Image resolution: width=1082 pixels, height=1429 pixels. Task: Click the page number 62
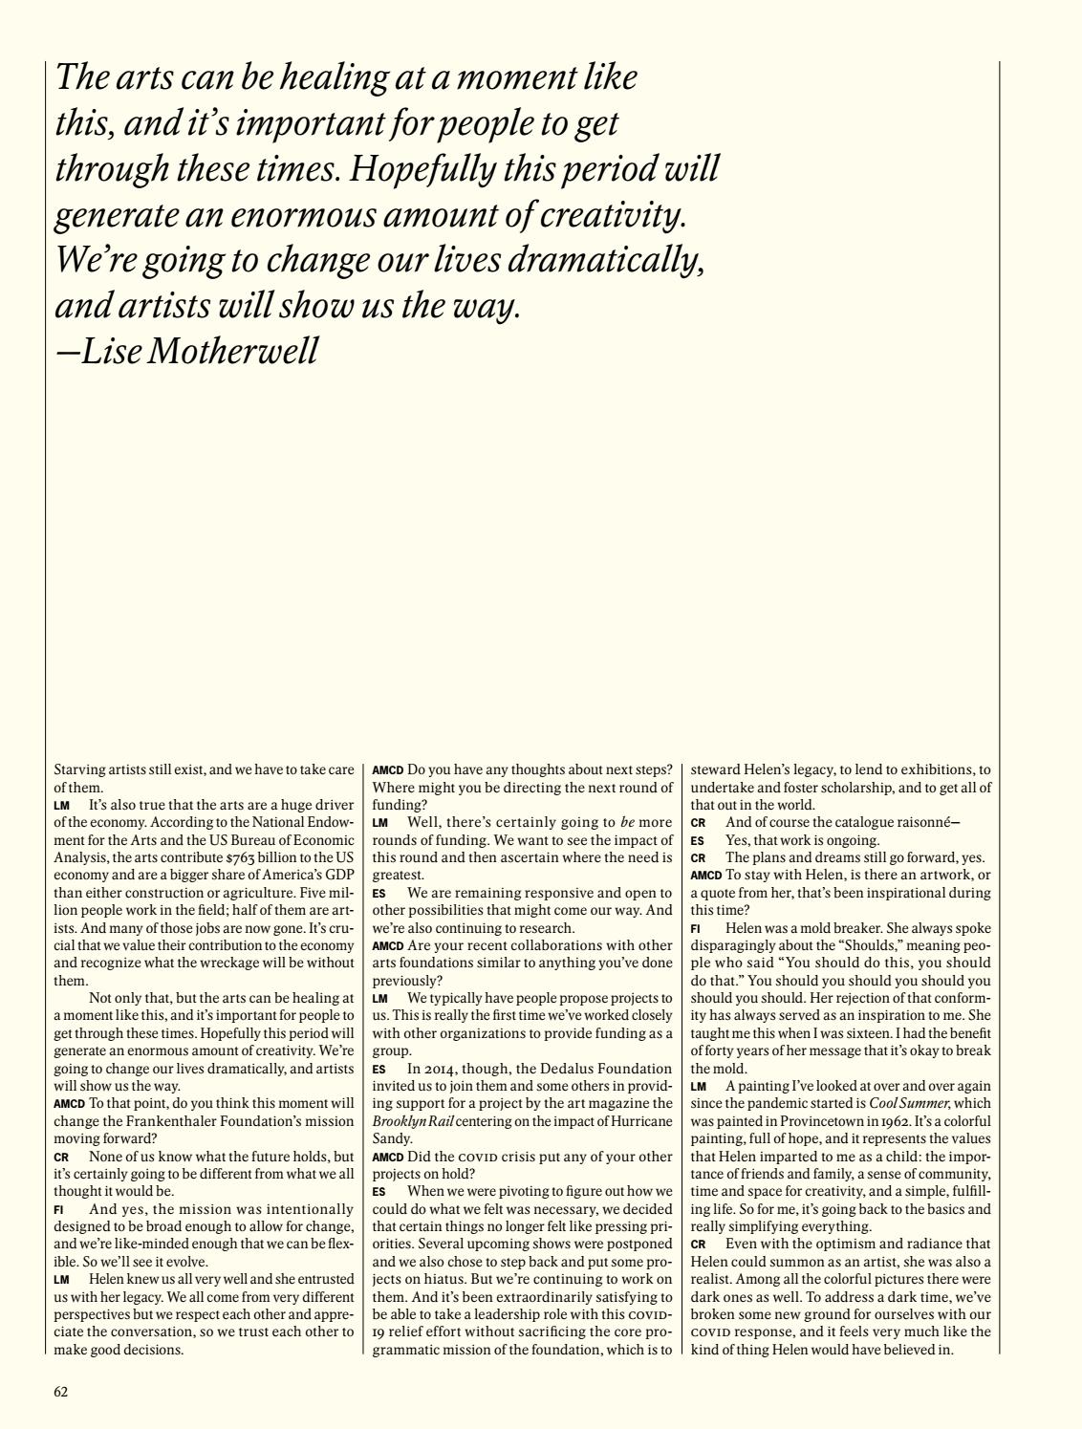[60, 1392]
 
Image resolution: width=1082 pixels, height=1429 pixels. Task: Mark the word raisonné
[914, 822]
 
